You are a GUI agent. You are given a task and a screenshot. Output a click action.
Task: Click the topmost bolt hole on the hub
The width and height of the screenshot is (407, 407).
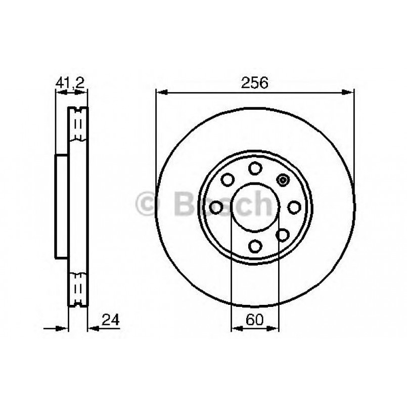tap(255, 168)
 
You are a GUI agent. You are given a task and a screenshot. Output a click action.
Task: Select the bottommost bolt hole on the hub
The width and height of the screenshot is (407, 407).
tap(255, 246)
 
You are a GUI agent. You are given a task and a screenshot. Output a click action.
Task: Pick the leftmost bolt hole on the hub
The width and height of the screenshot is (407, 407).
tap(216, 207)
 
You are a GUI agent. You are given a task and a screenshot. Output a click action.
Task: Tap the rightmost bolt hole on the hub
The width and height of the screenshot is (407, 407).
tap(294, 207)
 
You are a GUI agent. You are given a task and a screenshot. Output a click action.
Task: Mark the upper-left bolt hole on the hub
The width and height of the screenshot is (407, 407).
tap(228, 179)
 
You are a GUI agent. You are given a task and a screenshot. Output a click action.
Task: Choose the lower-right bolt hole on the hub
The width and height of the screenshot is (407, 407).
tap(283, 234)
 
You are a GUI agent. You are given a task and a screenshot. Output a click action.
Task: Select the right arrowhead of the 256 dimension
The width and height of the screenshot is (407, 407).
tap(348, 92)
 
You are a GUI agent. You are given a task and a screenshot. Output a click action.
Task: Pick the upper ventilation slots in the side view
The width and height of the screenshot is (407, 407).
tap(78, 124)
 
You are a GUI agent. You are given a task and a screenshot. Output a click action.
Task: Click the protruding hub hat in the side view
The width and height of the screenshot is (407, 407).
tap(61, 206)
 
